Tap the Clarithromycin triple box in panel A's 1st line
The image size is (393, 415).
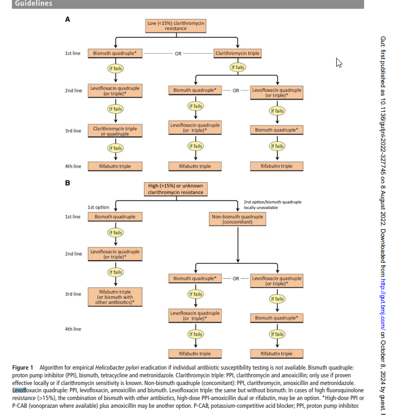[x=238, y=53]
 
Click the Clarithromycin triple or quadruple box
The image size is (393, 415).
[x=115, y=131]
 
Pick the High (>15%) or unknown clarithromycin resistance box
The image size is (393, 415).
[x=176, y=189]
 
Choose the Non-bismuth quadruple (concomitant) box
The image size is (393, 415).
[x=238, y=219]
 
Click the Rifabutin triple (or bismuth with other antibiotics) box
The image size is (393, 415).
[x=115, y=296]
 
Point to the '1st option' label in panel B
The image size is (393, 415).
[x=99, y=207]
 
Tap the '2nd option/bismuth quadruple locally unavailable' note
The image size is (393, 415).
[x=272, y=204]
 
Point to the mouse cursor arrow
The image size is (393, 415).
[x=339, y=63]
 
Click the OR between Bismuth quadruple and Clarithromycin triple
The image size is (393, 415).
[x=178, y=53]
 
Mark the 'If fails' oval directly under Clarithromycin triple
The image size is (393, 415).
[x=238, y=68]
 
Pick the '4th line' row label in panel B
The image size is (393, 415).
[x=73, y=329]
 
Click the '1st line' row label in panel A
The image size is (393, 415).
[x=73, y=53]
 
